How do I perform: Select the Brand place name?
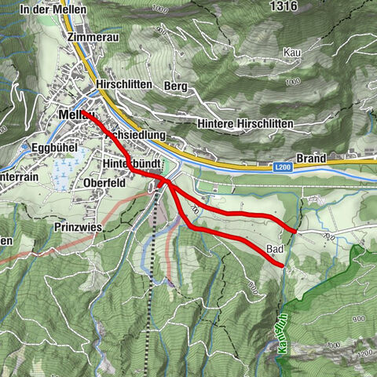click(311, 159)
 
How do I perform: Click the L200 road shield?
click(283, 167)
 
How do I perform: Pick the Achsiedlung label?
click(135, 135)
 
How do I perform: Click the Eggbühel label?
click(53, 147)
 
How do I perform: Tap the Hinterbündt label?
click(131, 163)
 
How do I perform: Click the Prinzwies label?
click(79, 225)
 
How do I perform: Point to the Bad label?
click(274, 250)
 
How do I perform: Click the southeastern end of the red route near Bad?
click(283, 267)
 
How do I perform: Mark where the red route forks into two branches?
click(168, 182)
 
